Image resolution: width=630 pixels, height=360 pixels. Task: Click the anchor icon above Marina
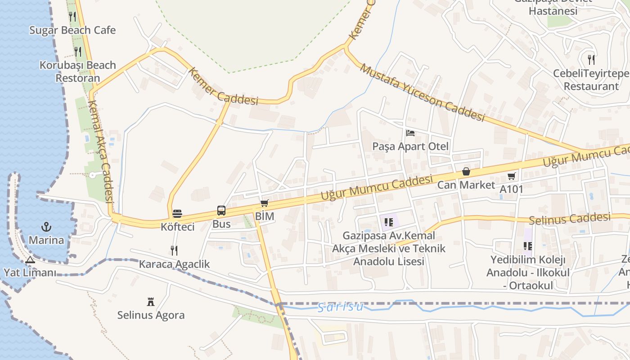coord(46,226)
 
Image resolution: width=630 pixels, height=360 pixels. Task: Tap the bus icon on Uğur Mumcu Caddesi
coord(221,211)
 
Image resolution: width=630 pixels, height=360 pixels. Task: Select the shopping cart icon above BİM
coord(264,203)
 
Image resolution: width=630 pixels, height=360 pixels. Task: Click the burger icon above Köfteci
coord(177,213)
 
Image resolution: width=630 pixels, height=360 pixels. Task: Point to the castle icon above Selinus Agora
coord(151,302)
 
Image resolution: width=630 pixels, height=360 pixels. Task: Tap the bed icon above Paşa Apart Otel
coord(410,133)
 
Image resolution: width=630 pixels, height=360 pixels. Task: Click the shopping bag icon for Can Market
coord(466,171)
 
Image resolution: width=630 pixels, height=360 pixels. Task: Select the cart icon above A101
coord(511,176)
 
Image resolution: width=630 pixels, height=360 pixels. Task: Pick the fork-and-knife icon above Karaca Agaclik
coord(174,251)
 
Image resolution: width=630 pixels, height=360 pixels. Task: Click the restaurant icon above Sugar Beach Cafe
coord(72,17)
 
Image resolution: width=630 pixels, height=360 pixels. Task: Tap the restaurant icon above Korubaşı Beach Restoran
coord(78,52)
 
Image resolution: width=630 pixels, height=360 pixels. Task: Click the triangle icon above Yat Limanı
coord(30,260)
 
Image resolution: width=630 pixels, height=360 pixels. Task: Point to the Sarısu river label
coord(340,307)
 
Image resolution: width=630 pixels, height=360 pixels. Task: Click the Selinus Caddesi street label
coord(569,219)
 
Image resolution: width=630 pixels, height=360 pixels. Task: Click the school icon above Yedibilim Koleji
coord(528,246)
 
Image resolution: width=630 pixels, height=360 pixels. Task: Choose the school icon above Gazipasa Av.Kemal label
coord(389,222)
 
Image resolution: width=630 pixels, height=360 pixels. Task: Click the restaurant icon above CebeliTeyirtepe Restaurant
coord(591,59)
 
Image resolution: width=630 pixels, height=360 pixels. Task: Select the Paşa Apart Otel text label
coord(410,146)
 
